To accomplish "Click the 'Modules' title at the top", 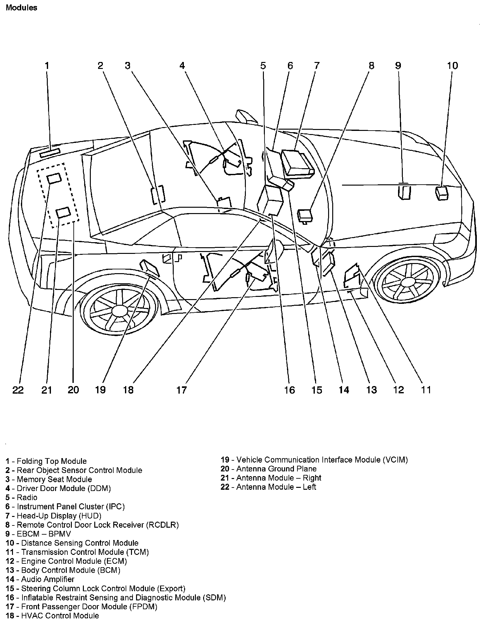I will pyautogui.click(x=22, y=8).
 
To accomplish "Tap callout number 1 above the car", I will pyautogui.click(x=47, y=66).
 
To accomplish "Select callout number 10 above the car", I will pyautogui.click(x=452, y=66).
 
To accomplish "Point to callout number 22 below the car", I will pyautogui.click(x=18, y=390).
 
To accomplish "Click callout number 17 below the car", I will pyautogui.click(x=182, y=390).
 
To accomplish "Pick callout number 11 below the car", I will pyautogui.click(x=426, y=390).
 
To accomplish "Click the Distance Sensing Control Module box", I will pyautogui.click(x=442, y=193).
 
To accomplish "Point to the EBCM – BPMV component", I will pyautogui.click(x=404, y=192).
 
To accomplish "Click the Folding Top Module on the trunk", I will pyautogui.click(x=50, y=152).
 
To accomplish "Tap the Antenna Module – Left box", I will pyautogui.click(x=54, y=178).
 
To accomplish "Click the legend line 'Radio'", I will pyautogui.click(x=27, y=497).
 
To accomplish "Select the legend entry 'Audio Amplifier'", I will pyautogui.click(x=47, y=579).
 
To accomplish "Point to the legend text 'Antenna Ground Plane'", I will pyautogui.click(x=276, y=469).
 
